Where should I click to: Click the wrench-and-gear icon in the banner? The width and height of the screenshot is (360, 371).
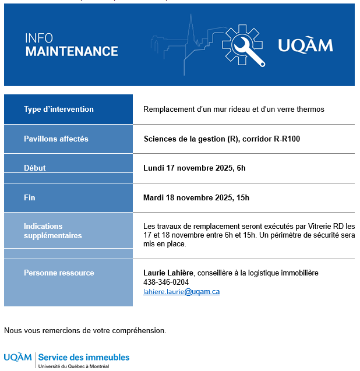coord(243,45)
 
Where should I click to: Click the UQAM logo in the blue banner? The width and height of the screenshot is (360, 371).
coord(305,45)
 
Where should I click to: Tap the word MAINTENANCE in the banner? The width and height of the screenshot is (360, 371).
coord(72,51)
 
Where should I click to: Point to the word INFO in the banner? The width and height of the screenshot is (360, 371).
coord(38,38)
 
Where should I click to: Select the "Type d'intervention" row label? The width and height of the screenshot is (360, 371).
coord(59,109)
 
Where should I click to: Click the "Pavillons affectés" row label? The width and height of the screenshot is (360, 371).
coord(56,139)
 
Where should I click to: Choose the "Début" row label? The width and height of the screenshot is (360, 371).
coord(35,168)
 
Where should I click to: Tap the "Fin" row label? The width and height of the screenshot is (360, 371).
coord(30,198)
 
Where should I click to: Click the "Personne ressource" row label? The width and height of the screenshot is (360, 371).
coord(59,273)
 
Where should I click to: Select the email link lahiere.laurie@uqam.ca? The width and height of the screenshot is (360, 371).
coord(181,292)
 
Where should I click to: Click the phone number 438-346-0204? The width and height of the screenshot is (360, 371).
coord(166,282)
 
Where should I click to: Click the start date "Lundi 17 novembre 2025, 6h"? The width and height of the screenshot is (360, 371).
coord(195,168)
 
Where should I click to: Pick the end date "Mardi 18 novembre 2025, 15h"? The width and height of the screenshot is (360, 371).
coord(196,198)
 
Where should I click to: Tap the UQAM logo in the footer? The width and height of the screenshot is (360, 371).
coord(17,357)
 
